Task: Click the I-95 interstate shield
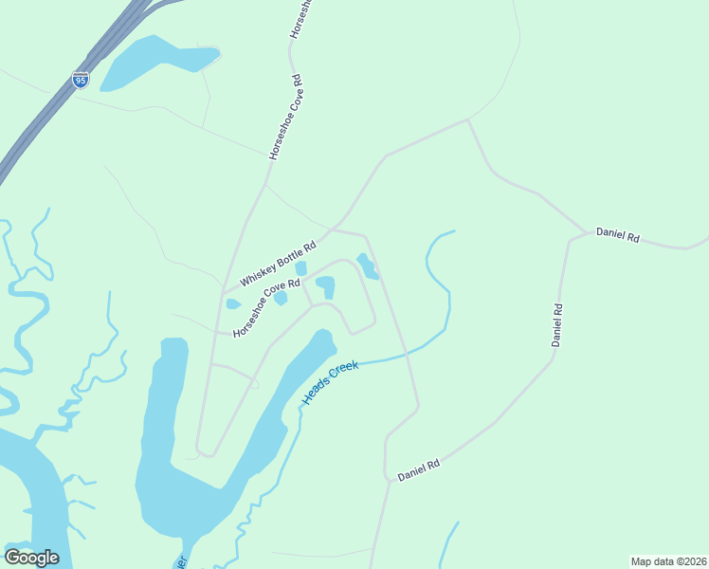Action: (81, 79)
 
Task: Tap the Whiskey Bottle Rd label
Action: (278, 263)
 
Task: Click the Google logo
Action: (31, 558)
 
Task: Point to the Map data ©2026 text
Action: (667, 561)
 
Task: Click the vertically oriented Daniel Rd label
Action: (558, 324)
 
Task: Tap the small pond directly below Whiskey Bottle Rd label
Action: (300, 268)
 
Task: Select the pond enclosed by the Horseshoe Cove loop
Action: (326, 285)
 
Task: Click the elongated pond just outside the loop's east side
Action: (367, 266)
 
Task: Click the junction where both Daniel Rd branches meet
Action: (585, 232)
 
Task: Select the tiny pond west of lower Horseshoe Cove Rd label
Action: (233, 304)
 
